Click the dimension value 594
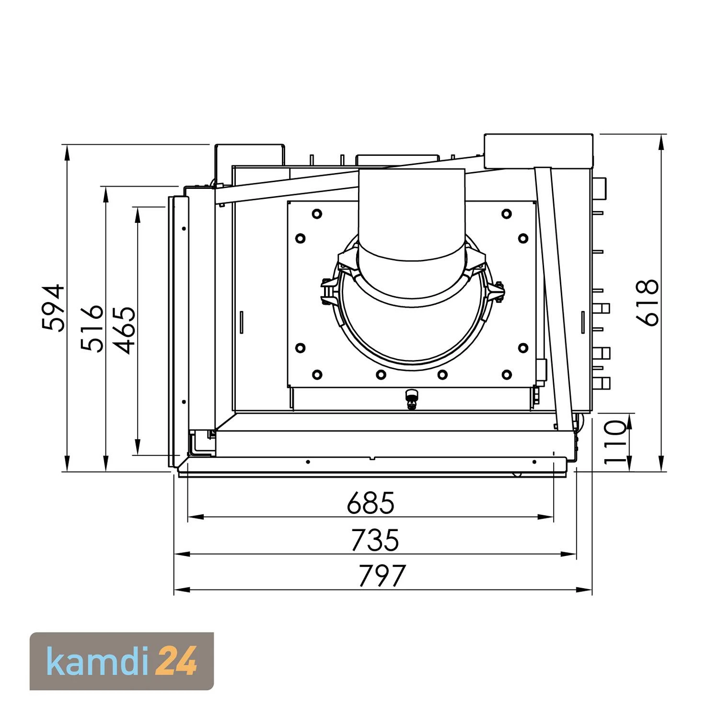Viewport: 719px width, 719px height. tap(53, 308)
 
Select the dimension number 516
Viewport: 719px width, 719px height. tap(92, 328)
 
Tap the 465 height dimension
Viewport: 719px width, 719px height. tap(124, 330)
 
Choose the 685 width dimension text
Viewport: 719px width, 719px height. tap(371, 503)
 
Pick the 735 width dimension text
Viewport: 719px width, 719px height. tap(374, 540)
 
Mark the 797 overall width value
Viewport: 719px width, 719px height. tap(382, 576)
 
